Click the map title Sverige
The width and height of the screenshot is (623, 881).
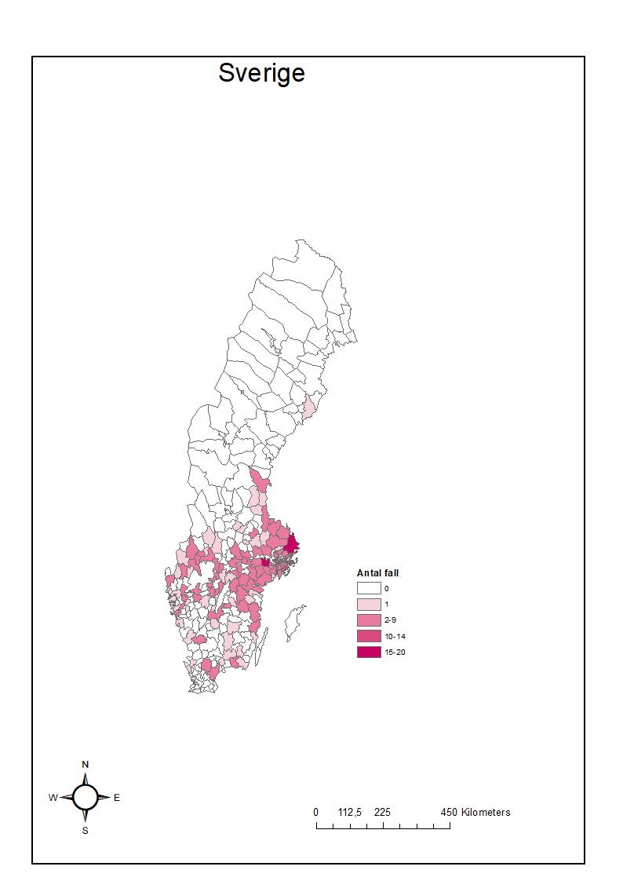click(261, 73)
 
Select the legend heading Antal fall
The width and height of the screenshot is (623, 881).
click(377, 573)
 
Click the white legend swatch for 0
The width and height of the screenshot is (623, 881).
click(368, 588)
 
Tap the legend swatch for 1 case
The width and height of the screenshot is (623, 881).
click(368, 605)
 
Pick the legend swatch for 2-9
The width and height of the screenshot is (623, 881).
click(368, 620)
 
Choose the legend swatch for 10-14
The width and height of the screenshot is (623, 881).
click(368, 636)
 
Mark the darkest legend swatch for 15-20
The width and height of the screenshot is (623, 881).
click(368, 652)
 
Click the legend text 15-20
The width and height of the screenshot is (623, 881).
click(395, 653)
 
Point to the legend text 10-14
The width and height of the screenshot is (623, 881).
click(395, 636)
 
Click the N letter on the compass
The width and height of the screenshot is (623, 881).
click(86, 765)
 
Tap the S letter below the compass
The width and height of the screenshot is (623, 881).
click(86, 831)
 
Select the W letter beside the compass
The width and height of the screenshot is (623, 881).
click(53, 798)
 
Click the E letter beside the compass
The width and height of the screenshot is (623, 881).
click(117, 798)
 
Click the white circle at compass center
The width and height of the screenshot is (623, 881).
click(86, 797)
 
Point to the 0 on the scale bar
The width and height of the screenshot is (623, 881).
click(316, 813)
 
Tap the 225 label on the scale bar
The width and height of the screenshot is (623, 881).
click(383, 813)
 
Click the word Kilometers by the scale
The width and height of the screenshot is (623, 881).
click(486, 813)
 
